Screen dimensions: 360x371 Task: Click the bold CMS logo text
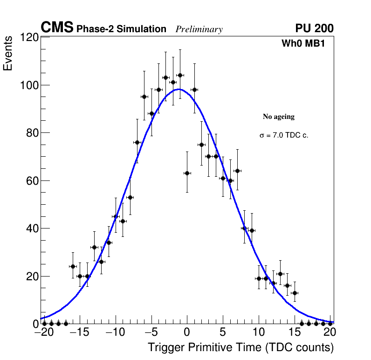coord(57,28)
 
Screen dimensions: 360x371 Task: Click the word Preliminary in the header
coord(199,29)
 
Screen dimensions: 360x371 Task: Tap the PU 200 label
coord(314,28)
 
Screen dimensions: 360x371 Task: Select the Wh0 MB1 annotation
coord(303,43)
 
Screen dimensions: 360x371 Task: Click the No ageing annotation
coord(279,117)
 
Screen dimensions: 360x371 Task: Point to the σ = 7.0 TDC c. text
coord(284,135)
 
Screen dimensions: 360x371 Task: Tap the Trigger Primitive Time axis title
coord(241,347)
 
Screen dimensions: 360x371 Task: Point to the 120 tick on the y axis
coord(29,37)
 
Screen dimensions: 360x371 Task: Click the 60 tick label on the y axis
coord(31,181)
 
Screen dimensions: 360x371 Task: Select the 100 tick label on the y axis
coord(29,85)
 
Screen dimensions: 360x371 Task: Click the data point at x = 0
coord(187,173)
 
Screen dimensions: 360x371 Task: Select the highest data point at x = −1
coord(180,75)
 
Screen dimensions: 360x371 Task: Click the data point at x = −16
coord(73,266)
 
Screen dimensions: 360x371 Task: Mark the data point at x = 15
coord(295,293)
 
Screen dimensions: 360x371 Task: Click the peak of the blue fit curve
coord(180,89)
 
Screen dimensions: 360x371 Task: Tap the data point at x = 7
coord(237,171)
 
